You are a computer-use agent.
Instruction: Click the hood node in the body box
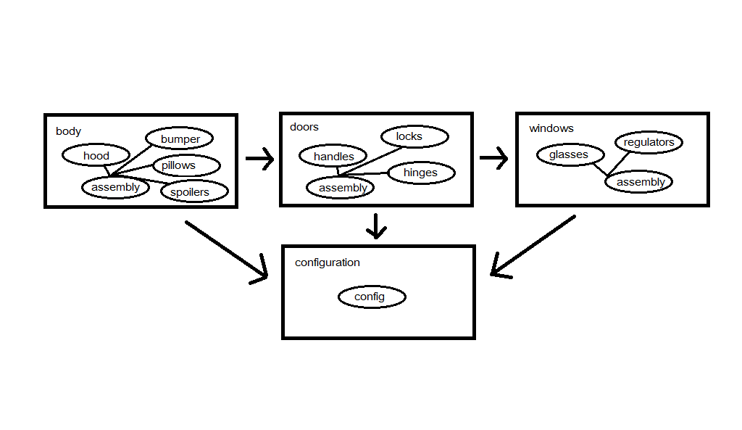[x=96, y=155]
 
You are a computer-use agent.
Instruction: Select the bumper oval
[x=180, y=138]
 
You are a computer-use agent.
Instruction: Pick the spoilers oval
[x=189, y=191]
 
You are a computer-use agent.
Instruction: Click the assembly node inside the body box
[x=115, y=187]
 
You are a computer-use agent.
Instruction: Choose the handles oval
[x=333, y=156]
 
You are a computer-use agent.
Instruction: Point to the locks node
[x=409, y=136]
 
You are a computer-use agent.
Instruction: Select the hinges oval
[x=420, y=173]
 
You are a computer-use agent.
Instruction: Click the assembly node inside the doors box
[x=343, y=188]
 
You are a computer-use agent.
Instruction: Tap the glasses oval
[x=569, y=154]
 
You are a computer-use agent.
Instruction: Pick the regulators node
[x=649, y=142]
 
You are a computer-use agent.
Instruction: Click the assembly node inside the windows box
[x=641, y=182]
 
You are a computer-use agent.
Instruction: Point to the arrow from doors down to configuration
[x=375, y=226]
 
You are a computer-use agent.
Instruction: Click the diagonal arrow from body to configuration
[x=227, y=251]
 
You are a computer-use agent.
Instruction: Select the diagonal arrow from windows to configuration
[x=533, y=246]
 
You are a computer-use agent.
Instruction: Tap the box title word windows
[x=551, y=128]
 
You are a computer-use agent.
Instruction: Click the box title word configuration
[x=327, y=262]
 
